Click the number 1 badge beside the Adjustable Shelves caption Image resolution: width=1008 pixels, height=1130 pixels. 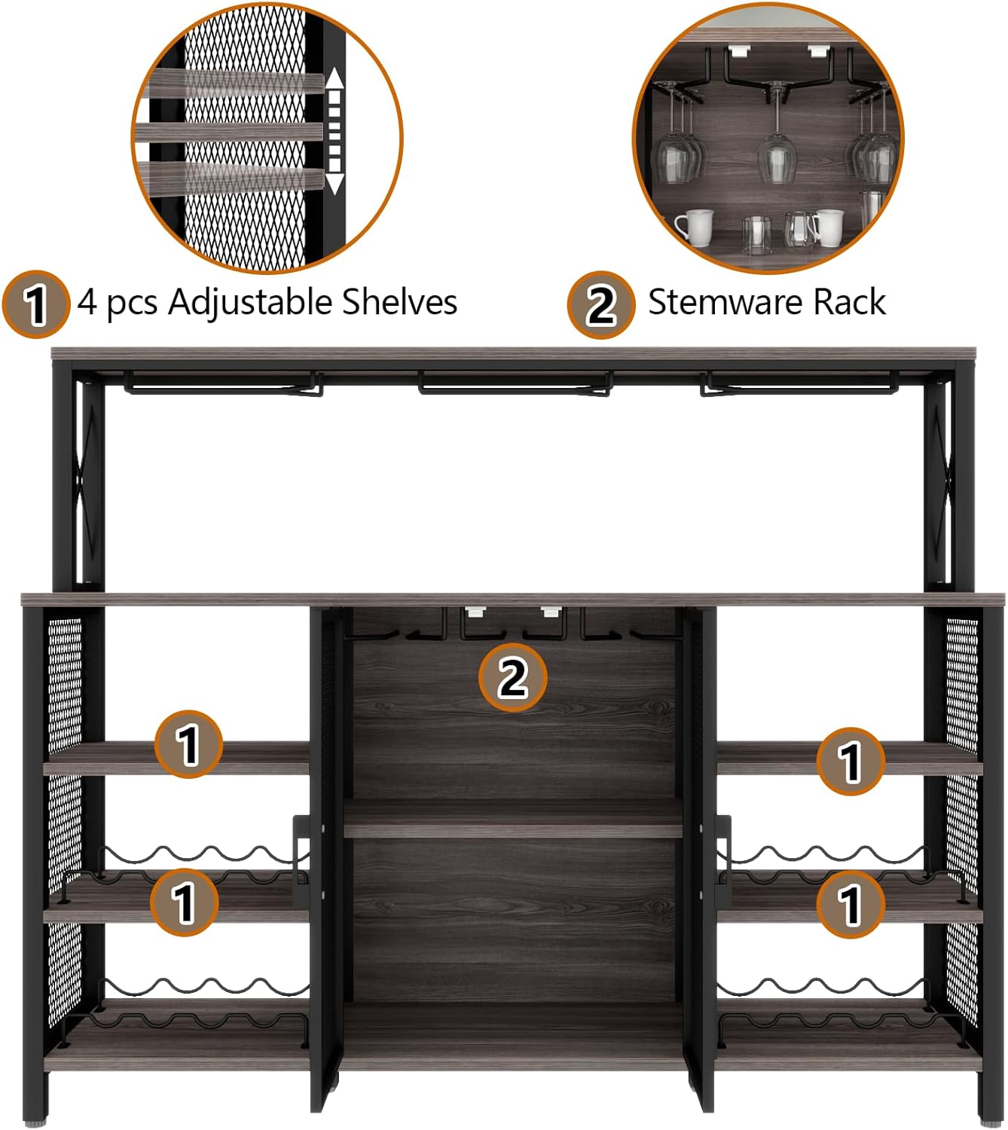[x=35, y=304]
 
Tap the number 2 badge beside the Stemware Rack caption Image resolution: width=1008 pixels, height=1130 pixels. [x=600, y=304]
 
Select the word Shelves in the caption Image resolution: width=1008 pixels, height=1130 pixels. [x=399, y=302]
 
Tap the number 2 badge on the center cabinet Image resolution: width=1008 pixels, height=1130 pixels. [x=512, y=677]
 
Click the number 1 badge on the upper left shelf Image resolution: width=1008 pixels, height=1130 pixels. [x=188, y=744]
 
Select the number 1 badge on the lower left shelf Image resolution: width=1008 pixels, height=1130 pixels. [x=185, y=902]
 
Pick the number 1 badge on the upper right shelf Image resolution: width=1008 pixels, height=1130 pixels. [x=851, y=761]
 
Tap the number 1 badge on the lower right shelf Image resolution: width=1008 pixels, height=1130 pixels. [x=851, y=903]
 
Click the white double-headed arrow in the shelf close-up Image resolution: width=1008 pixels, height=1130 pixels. [x=334, y=131]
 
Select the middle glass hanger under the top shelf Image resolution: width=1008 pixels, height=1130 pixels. [x=515, y=385]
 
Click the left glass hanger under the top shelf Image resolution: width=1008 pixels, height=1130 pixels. [x=223, y=385]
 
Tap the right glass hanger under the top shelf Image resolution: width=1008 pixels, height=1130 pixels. [x=799, y=385]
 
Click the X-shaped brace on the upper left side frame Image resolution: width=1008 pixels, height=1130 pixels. [x=89, y=482]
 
